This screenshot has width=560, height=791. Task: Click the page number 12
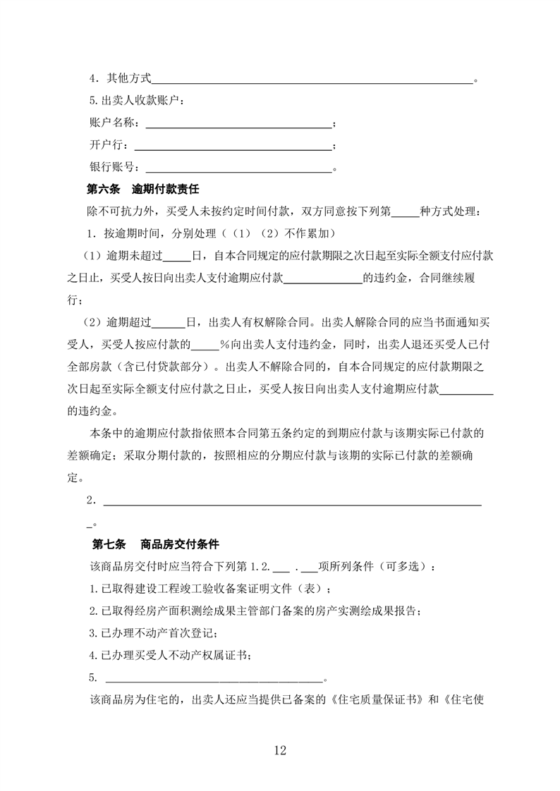pyautogui.click(x=280, y=750)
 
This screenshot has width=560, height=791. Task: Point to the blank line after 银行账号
pyautogui.click(x=238, y=169)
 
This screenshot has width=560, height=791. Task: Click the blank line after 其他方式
pyautogui.click(x=312, y=82)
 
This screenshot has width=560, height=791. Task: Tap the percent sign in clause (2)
pyautogui.click(x=221, y=345)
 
